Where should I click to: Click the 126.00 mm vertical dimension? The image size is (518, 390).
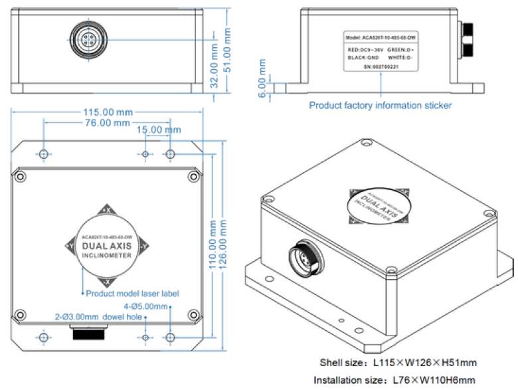[226, 241]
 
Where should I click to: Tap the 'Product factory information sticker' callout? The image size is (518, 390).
[381, 105]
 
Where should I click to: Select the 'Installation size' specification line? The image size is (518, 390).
[394, 380]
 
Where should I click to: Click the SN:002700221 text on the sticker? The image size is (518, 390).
[380, 67]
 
